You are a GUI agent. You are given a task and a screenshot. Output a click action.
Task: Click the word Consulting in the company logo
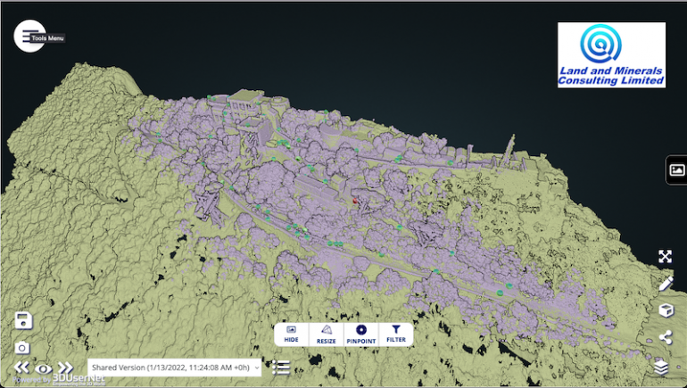pos(592,81)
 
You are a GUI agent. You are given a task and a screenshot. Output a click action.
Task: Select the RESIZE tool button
pos(326,334)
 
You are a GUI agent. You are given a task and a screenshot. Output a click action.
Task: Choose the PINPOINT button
pos(361,334)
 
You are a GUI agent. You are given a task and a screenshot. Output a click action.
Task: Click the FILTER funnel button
pos(396,334)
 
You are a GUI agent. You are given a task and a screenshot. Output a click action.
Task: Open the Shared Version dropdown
pos(175,367)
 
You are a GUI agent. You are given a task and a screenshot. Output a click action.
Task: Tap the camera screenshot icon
pos(23,347)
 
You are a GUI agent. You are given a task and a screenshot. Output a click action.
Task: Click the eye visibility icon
pos(43,367)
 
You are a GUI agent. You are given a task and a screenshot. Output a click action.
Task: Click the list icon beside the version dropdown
pos(281,367)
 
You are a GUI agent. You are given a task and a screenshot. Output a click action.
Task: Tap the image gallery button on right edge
pos(676,169)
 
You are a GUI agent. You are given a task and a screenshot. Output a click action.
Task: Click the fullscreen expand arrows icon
pos(665,257)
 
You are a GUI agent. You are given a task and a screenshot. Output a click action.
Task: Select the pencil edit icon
pos(665,284)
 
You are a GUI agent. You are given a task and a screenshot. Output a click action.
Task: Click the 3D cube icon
pos(665,310)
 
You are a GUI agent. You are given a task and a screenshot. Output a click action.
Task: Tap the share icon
pos(665,337)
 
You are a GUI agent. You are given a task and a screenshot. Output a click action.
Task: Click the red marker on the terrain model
pos(354,201)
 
